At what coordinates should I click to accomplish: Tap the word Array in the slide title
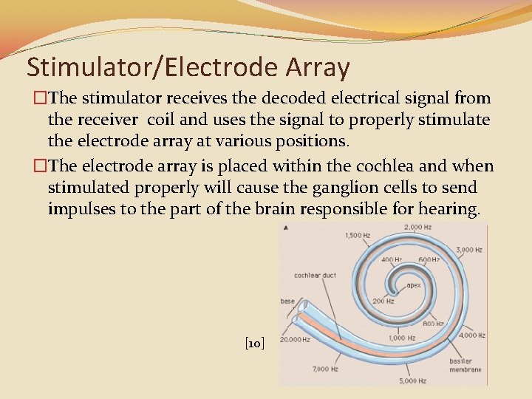click(x=316, y=67)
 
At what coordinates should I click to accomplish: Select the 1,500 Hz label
click(x=358, y=236)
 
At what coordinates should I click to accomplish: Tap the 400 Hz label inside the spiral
click(x=392, y=259)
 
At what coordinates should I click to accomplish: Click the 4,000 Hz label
click(x=471, y=335)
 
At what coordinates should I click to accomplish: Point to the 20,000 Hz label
click(x=296, y=340)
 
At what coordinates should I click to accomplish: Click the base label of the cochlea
click(x=287, y=301)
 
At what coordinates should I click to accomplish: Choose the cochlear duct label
click(x=315, y=275)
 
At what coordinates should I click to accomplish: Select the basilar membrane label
click(x=465, y=365)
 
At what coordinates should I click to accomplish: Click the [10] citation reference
click(x=255, y=343)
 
